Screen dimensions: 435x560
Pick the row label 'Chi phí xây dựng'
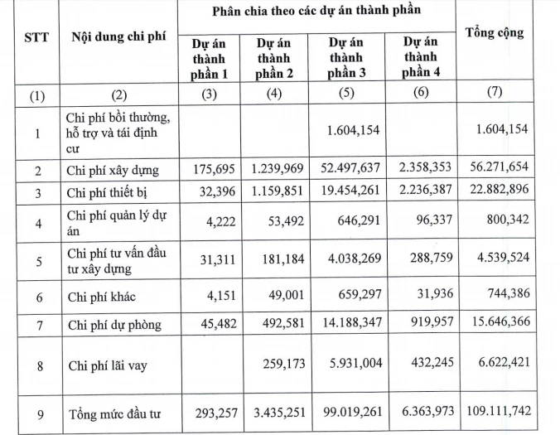click(112, 172)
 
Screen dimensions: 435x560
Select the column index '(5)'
click(344, 94)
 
